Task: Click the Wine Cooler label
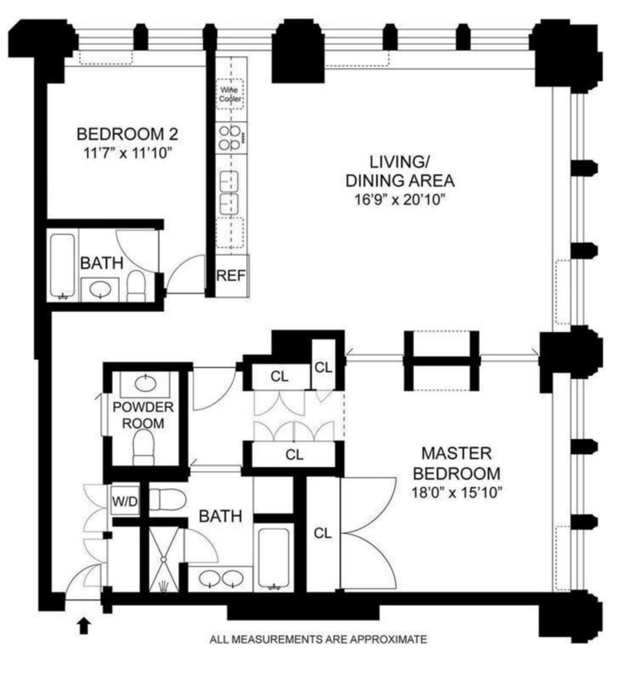point(230,94)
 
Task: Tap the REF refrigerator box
point(230,275)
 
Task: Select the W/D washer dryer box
point(124,501)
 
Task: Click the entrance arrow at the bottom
point(84,627)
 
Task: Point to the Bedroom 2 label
point(128,133)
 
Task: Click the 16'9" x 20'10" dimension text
point(399,200)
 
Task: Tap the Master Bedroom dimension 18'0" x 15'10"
point(456,492)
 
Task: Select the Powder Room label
point(143,415)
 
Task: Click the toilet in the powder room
point(143,447)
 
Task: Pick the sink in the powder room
point(145,383)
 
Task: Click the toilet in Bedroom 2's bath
point(136,286)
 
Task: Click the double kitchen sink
point(229,193)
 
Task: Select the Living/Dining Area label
point(400,172)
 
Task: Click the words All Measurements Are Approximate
point(318,639)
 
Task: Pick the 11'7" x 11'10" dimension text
point(128,153)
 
